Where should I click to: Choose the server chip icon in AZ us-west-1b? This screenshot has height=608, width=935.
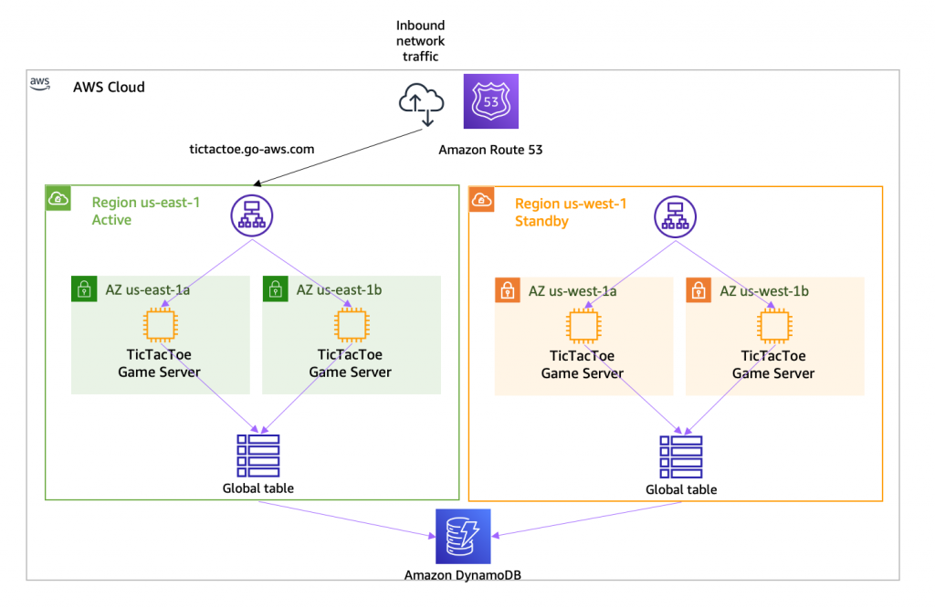pos(773,324)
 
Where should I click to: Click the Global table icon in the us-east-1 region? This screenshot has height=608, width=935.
pos(258,456)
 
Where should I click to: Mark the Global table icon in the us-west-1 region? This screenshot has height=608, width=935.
pos(681,456)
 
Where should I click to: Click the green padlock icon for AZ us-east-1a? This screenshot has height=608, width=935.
pos(83,290)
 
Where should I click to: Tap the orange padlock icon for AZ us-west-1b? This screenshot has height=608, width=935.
pos(698,291)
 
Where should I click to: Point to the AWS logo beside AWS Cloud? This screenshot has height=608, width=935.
pos(39,83)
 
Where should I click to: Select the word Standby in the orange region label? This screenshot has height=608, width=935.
pos(542,220)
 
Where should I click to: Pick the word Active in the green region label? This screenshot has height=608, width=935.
pos(111,220)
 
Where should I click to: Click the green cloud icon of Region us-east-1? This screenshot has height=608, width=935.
pos(58,197)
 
